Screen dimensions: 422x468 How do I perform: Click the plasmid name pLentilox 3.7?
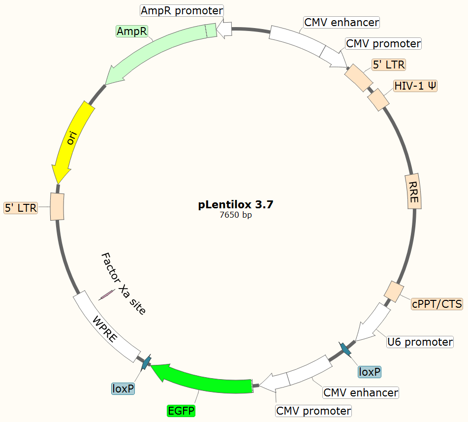235,205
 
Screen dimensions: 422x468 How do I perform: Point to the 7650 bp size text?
236,215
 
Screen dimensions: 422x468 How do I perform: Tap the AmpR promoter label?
182,10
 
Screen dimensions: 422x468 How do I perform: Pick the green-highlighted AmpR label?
131,32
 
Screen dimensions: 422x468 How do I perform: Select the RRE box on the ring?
413,191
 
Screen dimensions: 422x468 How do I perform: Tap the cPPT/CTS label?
437,304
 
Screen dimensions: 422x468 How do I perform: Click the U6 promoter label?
420,342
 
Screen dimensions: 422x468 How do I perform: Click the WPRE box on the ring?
106,327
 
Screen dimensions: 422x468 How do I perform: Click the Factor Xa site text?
124,283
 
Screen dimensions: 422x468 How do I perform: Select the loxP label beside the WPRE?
123,389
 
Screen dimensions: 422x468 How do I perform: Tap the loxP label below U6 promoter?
370,372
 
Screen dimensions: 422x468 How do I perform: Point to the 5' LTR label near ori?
21,208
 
